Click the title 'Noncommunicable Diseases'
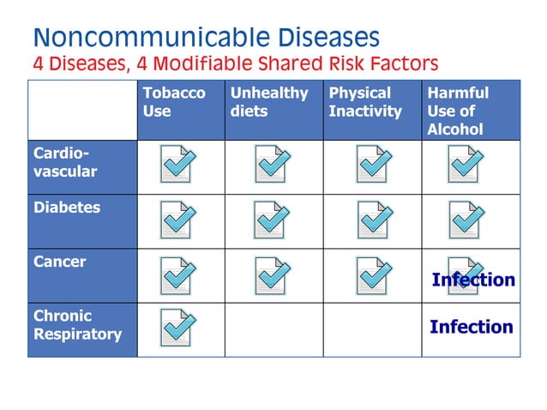click(x=206, y=37)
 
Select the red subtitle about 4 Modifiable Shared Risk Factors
click(x=236, y=63)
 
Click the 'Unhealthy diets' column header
click(x=268, y=102)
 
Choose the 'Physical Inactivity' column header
click(x=365, y=102)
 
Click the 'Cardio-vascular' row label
click(x=65, y=162)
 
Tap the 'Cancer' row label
click(x=60, y=262)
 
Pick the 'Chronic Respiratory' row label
click(x=77, y=325)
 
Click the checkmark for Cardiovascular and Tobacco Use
click(x=178, y=165)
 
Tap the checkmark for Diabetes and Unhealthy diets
click(x=273, y=220)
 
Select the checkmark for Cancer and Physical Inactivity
click(x=374, y=275)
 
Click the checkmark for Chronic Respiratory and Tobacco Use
click(x=178, y=328)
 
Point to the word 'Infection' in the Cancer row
click(x=473, y=280)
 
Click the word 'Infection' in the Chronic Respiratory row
click(x=471, y=327)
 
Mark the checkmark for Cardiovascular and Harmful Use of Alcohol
click(x=466, y=165)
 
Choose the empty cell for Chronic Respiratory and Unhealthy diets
click(x=273, y=329)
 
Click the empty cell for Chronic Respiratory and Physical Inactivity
click(x=372, y=329)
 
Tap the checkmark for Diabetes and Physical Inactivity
click(x=374, y=220)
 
